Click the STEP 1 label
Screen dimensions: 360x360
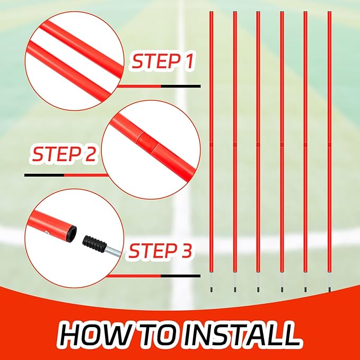tap(163, 60)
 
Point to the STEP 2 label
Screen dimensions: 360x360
tap(64, 154)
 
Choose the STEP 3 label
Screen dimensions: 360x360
tap(160, 251)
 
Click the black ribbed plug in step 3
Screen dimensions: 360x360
tap(94, 244)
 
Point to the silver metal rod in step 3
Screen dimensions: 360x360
tap(113, 251)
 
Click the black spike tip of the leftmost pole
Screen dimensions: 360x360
tap(211, 289)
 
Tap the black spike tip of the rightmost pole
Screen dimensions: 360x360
tap(329, 289)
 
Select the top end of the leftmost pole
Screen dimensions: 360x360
tap(211, 12)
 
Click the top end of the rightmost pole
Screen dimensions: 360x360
tap(329, 12)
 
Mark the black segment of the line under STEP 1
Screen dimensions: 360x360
tap(180, 86)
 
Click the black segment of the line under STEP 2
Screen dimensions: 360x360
tap(44, 175)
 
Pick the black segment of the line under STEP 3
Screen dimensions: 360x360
tap(180, 276)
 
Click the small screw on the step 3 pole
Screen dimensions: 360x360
tap(47, 232)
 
